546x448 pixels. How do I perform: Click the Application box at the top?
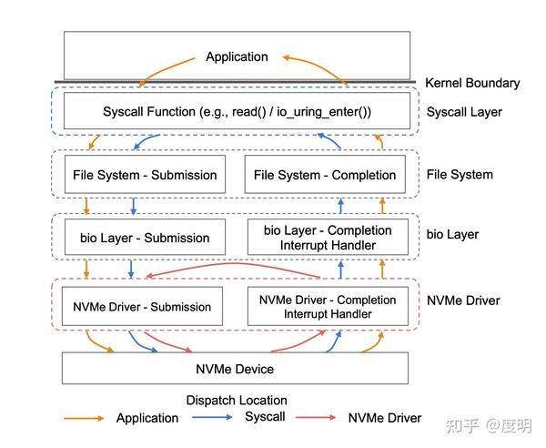(237, 56)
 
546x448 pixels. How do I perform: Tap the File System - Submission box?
(146, 175)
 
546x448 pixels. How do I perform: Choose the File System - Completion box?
(325, 175)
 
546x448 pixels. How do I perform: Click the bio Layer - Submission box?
(138, 238)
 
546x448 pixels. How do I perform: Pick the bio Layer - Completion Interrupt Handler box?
(328, 238)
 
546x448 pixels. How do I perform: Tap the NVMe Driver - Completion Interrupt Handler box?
(328, 307)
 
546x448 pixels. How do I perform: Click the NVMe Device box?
(235, 369)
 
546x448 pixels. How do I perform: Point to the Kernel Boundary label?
(472, 83)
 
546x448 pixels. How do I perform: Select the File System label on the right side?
(460, 174)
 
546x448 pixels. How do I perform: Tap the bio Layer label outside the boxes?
(453, 235)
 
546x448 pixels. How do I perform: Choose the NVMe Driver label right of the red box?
(463, 300)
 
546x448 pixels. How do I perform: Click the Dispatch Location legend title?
(237, 401)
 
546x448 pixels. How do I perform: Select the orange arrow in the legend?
(83, 418)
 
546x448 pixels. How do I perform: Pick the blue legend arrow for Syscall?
(211, 418)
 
